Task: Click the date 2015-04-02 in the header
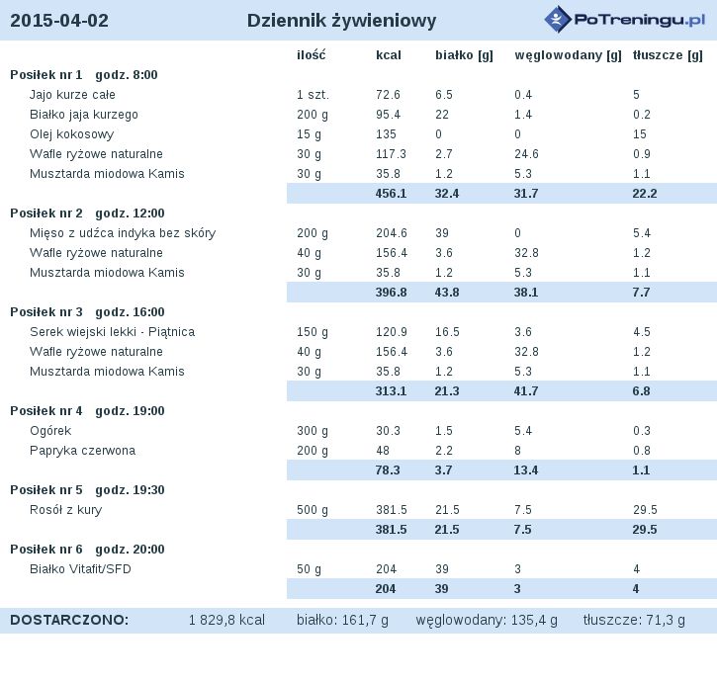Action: [x=59, y=21]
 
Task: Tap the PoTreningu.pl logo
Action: [x=625, y=19]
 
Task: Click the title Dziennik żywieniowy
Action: [x=341, y=21]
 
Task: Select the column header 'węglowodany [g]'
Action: [x=568, y=55]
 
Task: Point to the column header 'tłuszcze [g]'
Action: [x=668, y=55]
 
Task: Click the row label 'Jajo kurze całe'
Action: [x=72, y=95]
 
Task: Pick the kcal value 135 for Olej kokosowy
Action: [x=386, y=134]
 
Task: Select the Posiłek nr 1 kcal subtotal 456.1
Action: [x=391, y=194]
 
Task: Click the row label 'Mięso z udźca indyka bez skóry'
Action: [x=123, y=233]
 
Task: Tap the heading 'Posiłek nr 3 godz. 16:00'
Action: [x=87, y=312]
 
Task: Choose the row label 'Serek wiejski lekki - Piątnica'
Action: [x=112, y=332]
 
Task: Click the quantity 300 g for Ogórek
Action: [x=313, y=431]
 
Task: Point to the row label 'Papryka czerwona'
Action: [x=82, y=451]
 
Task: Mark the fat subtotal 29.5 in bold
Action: [x=645, y=530]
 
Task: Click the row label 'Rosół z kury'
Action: [x=66, y=510]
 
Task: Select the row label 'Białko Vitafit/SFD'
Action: [x=80, y=569]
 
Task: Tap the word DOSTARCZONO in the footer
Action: [x=69, y=621]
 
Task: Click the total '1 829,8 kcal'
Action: [x=226, y=621]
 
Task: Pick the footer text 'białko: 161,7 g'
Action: [x=342, y=621]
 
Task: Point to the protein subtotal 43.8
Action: [x=447, y=293]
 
